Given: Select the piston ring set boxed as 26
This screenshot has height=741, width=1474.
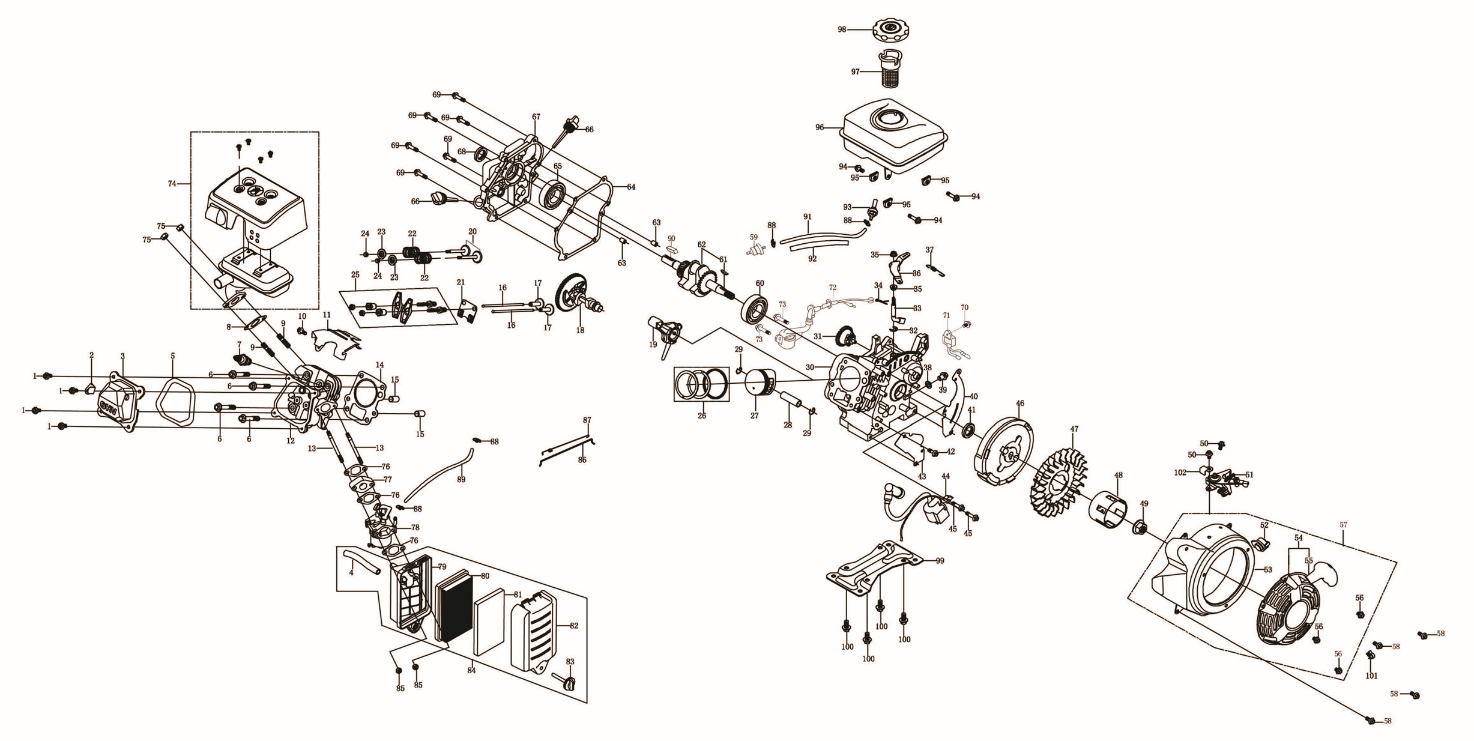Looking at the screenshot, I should coord(701,384).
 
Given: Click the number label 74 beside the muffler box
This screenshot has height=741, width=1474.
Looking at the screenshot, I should coord(172,183).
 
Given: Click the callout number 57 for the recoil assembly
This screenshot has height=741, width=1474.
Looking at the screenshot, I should coord(1343,525).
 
